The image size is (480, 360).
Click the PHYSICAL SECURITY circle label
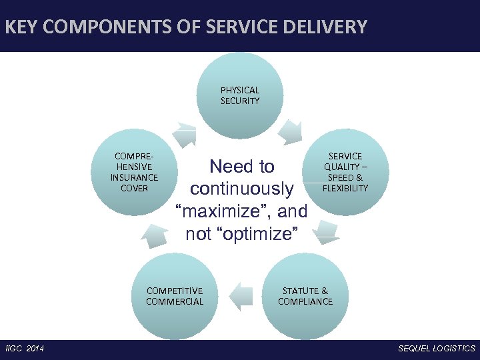coord(240,95)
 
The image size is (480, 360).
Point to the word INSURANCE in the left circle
coord(134,177)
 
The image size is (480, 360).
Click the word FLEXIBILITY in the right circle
coord(345,188)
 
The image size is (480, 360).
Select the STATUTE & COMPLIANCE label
coord(305,296)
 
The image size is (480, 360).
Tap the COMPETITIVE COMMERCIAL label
coord(175,296)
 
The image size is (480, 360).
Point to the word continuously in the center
coord(241,189)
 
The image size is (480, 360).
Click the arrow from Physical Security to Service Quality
coord(291,131)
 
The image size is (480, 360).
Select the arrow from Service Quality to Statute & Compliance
coord(326,231)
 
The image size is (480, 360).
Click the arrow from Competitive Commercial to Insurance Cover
coord(154,235)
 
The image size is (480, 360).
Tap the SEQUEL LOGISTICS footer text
coord(437,349)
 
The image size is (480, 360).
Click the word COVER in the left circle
coord(134,188)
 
